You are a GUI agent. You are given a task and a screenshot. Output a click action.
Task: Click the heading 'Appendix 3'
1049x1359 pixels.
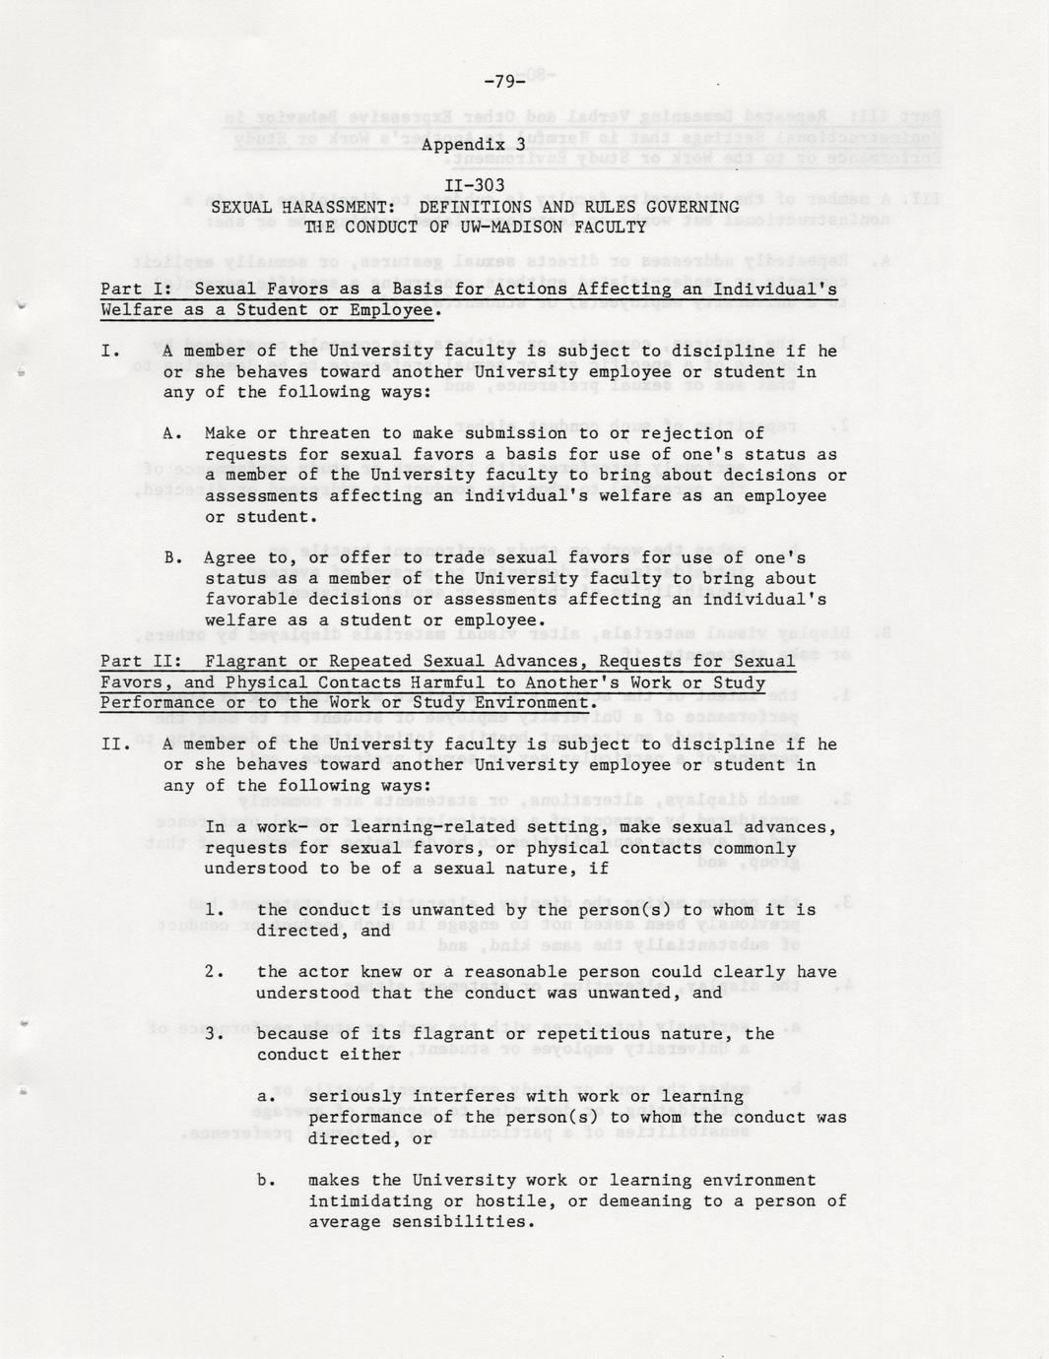pyautogui.click(x=474, y=144)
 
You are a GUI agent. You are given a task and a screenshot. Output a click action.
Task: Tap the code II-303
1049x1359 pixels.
pyautogui.click(x=474, y=185)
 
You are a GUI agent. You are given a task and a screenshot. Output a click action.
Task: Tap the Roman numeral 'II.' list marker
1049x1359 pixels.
pyautogui.click(x=115, y=744)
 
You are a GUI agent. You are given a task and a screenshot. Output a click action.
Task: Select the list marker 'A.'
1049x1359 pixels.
pyautogui.click(x=173, y=433)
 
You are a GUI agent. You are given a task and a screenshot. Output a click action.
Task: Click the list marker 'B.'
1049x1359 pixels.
pyautogui.click(x=173, y=558)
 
